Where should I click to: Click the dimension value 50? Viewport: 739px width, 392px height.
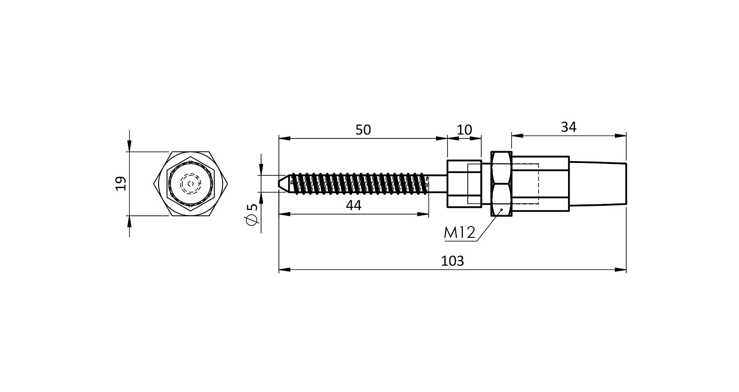pyautogui.click(x=363, y=130)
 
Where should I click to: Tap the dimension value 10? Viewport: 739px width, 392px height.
pyautogui.click(x=464, y=130)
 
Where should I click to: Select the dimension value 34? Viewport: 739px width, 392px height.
pyautogui.click(x=569, y=127)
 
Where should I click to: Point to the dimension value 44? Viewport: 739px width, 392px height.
pyautogui.click(x=353, y=205)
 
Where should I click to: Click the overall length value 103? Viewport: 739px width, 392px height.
pyautogui.click(x=452, y=261)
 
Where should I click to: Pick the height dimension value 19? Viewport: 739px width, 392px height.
pyautogui.click(x=121, y=184)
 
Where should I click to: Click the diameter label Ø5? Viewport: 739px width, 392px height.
pyautogui.click(x=252, y=215)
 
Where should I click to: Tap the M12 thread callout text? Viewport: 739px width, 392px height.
pyautogui.click(x=459, y=233)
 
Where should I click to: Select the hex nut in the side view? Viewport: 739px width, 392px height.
pyautogui.click(x=502, y=184)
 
